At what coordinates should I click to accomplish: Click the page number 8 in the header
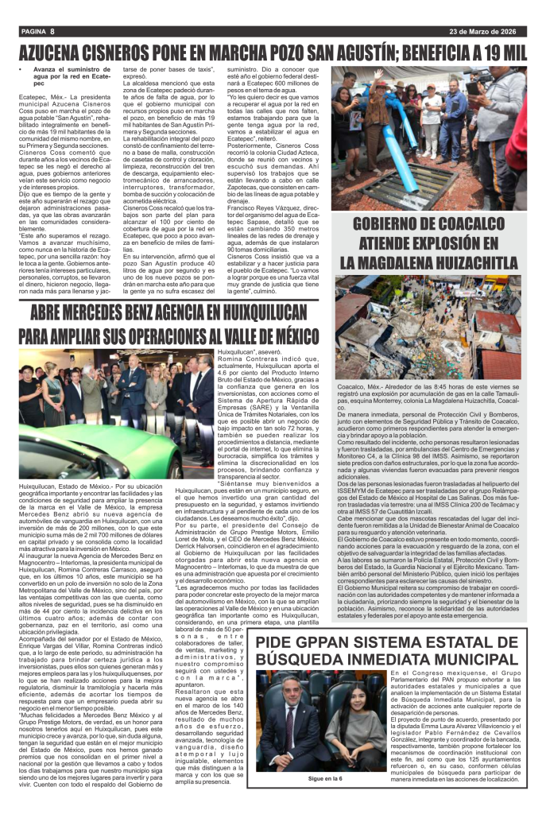tap(51, 31)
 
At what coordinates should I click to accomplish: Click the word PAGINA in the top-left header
tap(31, 31)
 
